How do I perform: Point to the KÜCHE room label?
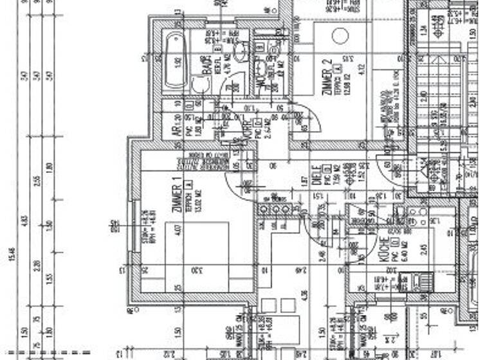click(383, 249)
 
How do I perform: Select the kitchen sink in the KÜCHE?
click(407, 282)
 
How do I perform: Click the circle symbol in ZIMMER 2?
click(340, 36)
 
